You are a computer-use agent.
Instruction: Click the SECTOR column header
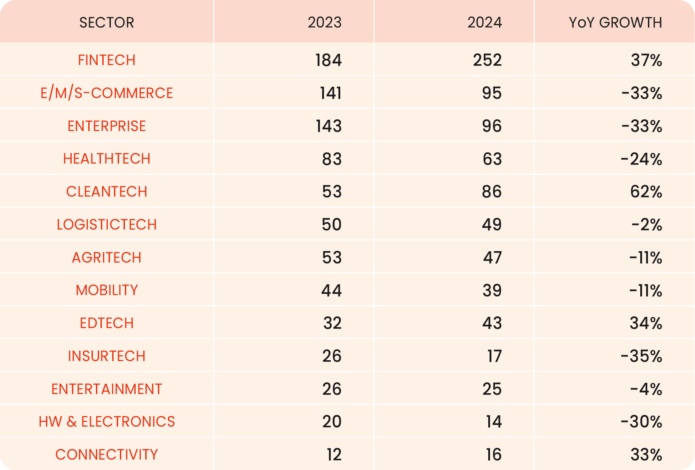(x=107, y=23)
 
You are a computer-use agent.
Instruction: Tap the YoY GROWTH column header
(x=615, y=23)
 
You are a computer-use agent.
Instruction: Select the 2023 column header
(x=324, y=23)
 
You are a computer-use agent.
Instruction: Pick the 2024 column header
(x=485, y=23)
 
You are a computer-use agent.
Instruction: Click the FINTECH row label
(x=107, y=60)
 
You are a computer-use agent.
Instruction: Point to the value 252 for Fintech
(x=487, y=60)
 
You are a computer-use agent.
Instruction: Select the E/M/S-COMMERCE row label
(x=107, y=93)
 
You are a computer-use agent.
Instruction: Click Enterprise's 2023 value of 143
(x=328, y=126)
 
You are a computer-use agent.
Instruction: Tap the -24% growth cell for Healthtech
(x=641, y=159)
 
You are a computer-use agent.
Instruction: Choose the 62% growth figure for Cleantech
(x=646, y=192)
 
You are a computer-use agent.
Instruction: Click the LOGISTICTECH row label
(x=107, y=225)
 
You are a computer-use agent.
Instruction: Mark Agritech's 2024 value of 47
(x=492, y=258)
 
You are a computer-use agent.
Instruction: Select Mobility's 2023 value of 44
(x=331, y=290)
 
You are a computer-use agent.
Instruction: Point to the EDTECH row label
(x=107, y=323)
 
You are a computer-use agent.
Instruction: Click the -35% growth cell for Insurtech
(x=641, y=356)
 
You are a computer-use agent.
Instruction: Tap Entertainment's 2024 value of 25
(x=492, y=389)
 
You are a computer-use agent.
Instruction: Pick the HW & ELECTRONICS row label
(x=107, y=422)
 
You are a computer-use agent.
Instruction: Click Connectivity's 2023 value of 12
(x=333, y=455)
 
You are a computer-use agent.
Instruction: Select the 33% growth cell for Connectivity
(x=646, y=455)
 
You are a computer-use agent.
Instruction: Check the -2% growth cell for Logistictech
(x=647, y=225)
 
